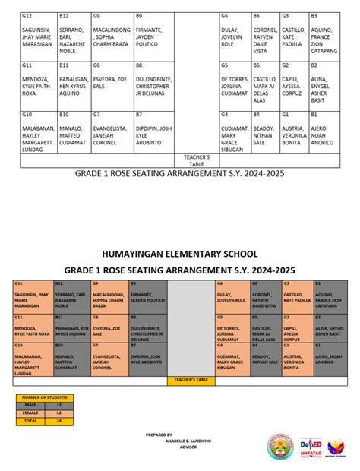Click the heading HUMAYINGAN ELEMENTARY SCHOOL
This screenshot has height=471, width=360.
pyautogui.click(x=180, y=253)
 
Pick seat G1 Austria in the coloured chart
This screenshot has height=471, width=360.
pyautogui.click(x=295, y=360)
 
